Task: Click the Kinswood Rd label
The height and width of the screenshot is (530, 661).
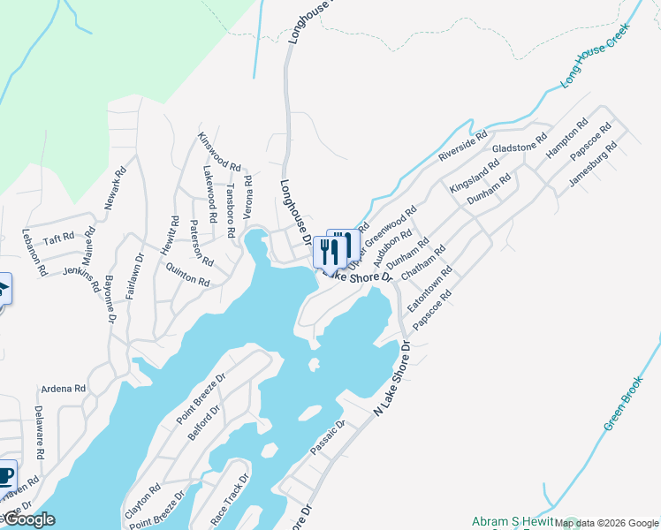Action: pyautogui.click(x=219, y=152)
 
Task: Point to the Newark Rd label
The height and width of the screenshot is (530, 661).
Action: pyautogui.click(x=112, y=188)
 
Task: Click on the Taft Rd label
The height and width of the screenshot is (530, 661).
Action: pyautogui.click(x=59, y=238)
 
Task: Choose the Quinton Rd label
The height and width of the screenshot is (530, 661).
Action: pyautogui.click(x=187, y=276)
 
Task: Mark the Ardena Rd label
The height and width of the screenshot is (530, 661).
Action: pyautogui.click(x=64, y=389)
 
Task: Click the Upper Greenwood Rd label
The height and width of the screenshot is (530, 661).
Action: pyautogui.click(x=382, y=238)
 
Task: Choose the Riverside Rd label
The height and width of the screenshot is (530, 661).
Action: pyautogui.click(x=462, y=145)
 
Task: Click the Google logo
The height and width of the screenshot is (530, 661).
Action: pyautogui.click(x=28, y=519)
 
